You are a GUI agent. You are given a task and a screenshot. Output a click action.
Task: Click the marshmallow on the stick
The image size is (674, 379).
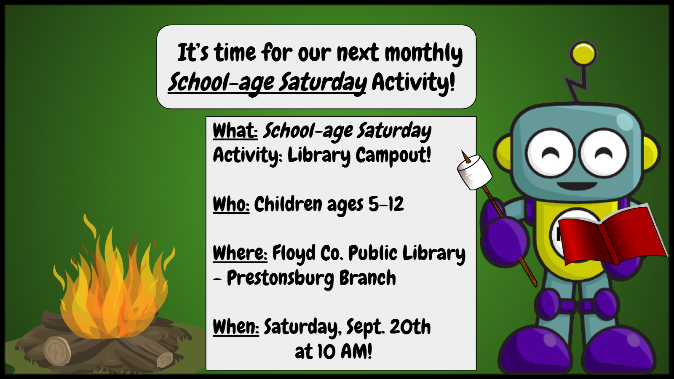pyautogui.click(x=474, y=172)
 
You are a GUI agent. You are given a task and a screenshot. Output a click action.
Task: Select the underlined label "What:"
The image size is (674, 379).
pyautogui.click(x=235, y=131)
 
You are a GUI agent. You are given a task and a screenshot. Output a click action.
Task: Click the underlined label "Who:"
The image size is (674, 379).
pyautogui.click(x=231, y=205)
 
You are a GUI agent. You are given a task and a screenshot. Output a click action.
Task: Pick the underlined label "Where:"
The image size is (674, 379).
pyautogui.click(x=240, y=253)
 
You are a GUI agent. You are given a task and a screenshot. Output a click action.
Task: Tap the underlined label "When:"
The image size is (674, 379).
pyautogui.click(x=236, y=327)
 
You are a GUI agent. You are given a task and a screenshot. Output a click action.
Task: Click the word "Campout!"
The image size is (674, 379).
pyautogui.click(x=393, y=155)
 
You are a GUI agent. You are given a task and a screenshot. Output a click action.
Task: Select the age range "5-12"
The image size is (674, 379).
pyautogui.click(x=386, y=204)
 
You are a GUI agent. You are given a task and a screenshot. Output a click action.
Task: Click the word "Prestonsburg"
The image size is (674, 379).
pyautogui.click(x=281, y=278)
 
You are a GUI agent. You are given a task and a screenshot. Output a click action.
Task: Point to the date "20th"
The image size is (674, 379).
pyautogui.click(x=410, y=326)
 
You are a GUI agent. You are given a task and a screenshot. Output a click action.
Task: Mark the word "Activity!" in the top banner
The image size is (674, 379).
pyautogui.click(x=413, y=82)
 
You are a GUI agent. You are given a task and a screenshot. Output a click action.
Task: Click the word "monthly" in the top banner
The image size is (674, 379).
pyautogui.click(x=424, y=53)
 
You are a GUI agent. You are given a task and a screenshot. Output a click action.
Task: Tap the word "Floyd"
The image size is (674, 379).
pyautogui.click(x=294, y=254)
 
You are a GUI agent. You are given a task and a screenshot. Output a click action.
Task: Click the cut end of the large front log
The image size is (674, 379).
pyautogui.click(x=57, y=351)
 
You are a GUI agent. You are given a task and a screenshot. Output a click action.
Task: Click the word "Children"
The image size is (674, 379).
pyautogui.click(x=288, y=204)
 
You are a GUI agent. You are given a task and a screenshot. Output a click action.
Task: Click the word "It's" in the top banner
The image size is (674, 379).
pyautogui.click(x=193, y=52)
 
